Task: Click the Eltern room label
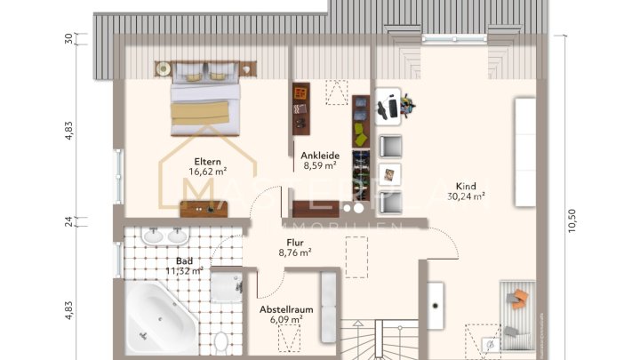[x=207, y=162]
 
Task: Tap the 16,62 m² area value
[x=207, y=172]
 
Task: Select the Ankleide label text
[x=319, y=155]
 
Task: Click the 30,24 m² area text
[x=466, y=196]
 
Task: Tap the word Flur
[x=294, y=242]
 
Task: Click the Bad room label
[x=183, y=260]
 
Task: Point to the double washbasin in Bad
[x=166, y=236]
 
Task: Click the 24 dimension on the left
[x=68, y=222]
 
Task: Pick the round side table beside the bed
[x=164, y=68]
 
